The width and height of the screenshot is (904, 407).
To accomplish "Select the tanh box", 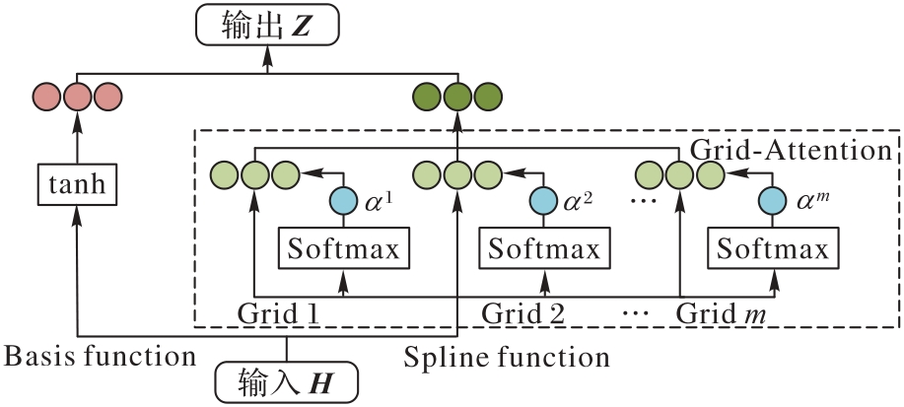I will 78,183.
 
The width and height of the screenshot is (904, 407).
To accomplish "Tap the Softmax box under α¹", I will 344,249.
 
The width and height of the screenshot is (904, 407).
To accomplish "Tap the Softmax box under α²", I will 544,249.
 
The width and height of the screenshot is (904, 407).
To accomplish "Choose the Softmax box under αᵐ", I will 772,249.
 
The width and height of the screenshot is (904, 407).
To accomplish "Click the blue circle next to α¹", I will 343,201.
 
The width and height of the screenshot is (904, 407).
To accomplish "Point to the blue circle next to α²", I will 543,201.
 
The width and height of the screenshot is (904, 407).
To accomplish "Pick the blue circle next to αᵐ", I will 772,201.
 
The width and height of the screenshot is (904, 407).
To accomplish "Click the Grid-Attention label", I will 792,151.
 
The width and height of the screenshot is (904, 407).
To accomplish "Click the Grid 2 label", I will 523,314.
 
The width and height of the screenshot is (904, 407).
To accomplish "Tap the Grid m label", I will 722,314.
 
